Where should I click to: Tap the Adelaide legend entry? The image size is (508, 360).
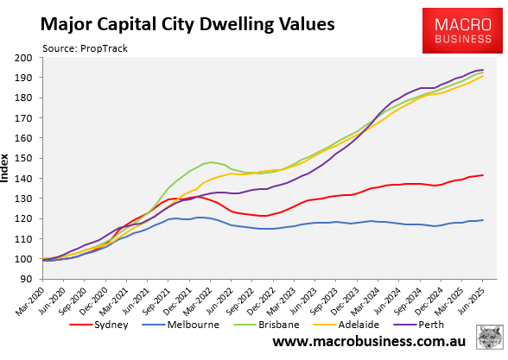click(x=359, y=326)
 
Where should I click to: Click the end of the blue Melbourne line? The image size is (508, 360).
click(x=483, y=220)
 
